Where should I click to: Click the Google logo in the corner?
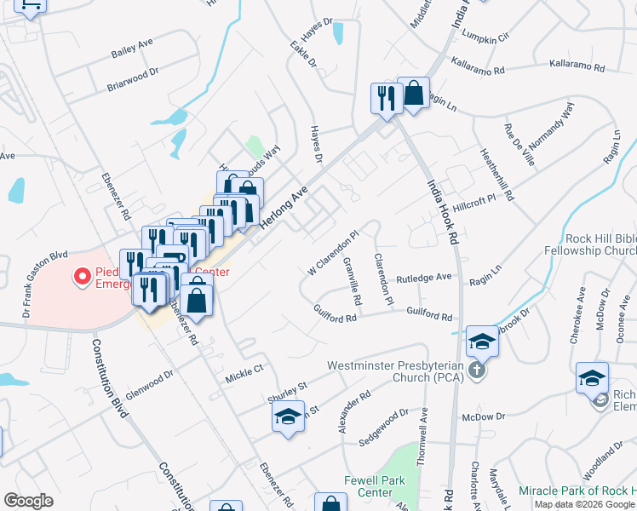[x=28, y=501]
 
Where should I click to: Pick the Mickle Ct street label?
[x=245, y=373]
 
